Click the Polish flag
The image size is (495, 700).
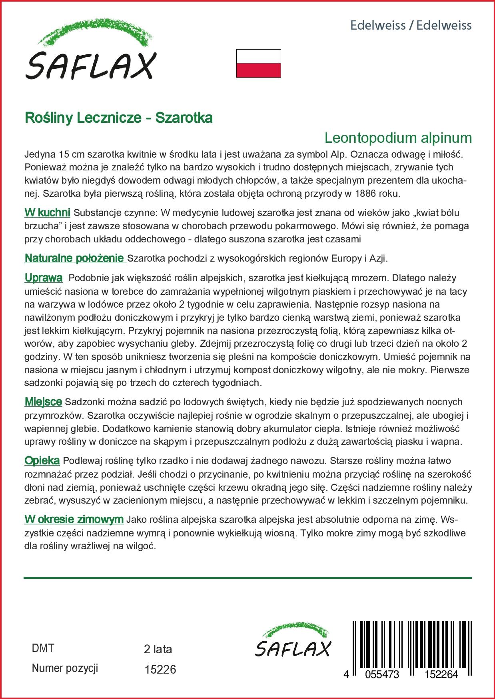(258, 63)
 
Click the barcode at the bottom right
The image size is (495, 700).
(407, 646)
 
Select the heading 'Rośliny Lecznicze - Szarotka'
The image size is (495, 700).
(119, 118)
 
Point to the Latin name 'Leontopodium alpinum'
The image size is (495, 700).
(398, 138)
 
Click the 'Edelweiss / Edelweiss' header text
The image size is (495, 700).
(411, 26)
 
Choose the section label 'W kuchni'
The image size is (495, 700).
(47, 212)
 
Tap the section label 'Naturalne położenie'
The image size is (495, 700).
(75, 258)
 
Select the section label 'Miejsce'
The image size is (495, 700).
(43, 401)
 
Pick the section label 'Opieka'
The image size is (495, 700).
(42, 461)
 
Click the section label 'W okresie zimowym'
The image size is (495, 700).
(74, 520)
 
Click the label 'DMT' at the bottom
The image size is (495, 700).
(43, 648)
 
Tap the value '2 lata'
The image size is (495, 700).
(158, 649)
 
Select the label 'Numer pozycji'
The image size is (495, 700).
(65, 668)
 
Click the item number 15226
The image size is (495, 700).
(160, 669)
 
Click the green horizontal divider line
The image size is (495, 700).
(248, 578)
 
